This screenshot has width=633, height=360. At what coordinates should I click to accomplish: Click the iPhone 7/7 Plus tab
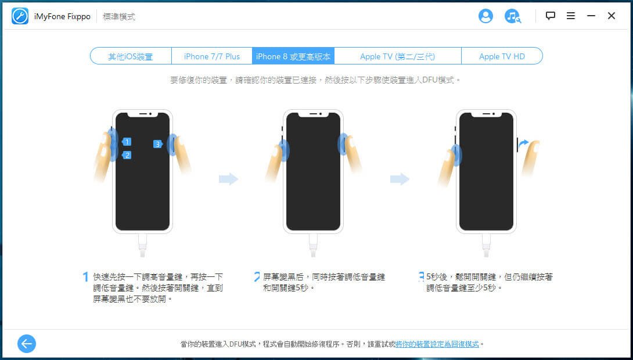click(212, 56)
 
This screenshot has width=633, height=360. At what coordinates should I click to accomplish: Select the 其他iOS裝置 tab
click(131, 56)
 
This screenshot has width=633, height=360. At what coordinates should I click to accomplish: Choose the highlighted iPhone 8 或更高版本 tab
click(293, 56)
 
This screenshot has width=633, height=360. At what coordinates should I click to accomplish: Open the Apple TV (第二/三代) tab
click(398, 56)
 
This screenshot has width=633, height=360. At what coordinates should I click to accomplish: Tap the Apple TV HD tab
click(502, 56)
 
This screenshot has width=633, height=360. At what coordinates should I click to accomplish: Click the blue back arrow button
click(27, 344)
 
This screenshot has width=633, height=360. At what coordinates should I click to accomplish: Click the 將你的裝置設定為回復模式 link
click(437, 344)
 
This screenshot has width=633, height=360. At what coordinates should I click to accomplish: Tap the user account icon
click(485, 16)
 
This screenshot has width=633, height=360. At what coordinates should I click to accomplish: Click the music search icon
click(512, 16)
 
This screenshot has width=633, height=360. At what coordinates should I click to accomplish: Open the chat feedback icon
click(550, 16)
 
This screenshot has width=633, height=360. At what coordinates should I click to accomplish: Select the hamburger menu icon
click(571, 16)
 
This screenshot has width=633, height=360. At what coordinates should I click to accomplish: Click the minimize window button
click(591, 16)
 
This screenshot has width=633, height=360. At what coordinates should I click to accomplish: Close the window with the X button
click(612, 16)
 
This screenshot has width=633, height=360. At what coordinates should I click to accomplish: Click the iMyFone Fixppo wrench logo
click(20, 16)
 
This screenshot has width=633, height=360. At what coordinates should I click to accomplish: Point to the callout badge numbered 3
click(158, 144)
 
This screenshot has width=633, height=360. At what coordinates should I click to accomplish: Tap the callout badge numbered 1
click(127, 142)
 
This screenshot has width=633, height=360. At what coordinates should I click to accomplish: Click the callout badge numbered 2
click(127, 155)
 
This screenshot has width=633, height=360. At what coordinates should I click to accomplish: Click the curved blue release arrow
click(523, 143)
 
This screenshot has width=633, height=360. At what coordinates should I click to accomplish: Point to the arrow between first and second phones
click(228, 179)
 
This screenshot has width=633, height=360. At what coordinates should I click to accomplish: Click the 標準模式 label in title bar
click(118, 16)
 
